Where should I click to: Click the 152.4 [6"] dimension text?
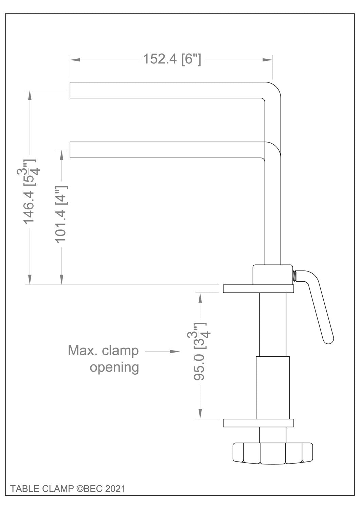pyautogui.click(x=172, y=59)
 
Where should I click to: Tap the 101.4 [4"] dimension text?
pyautogui.click(x=61, y=214)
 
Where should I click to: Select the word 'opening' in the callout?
pyautogui.click(x=114, y=367)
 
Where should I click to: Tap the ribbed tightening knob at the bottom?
pyautogui.click(x=273, y=453)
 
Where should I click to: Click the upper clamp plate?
pyautogui.click(x=258, y=288)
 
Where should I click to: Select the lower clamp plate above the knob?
pyautogui.click(x=258, y=423)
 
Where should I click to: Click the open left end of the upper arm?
pyautogui.click(x=71, y=90)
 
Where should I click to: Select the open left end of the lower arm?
pyautogui.click(x=71, y=150)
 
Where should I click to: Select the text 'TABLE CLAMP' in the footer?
pyautogui.click(x=42, y=489)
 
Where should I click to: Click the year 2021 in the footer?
pyautogui.click(x=115, y=489)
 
